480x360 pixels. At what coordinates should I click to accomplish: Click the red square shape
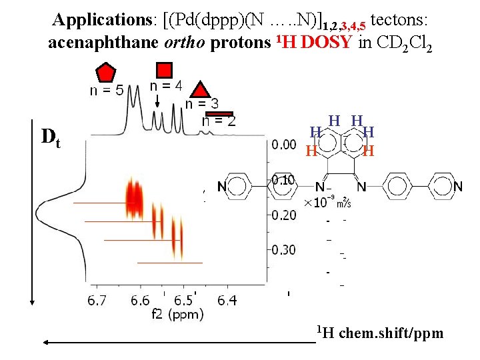(165, 70)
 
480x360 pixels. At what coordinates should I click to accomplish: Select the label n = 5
(107, 91)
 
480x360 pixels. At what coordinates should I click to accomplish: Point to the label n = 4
(166, 86)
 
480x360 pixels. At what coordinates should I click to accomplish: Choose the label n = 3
(201, 103)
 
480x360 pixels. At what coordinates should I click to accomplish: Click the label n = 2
(219, 121)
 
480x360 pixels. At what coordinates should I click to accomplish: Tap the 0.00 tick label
(285, 144)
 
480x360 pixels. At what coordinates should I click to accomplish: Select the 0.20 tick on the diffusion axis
(285, 215)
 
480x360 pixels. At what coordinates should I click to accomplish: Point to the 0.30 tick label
(285, 249)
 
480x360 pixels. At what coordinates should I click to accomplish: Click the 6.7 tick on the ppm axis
(97, 301)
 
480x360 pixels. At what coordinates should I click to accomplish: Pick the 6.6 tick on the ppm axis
(140, 301)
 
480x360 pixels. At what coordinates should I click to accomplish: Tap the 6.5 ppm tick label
(183, 301)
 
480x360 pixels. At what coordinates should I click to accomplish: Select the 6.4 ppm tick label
(227, 301)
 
